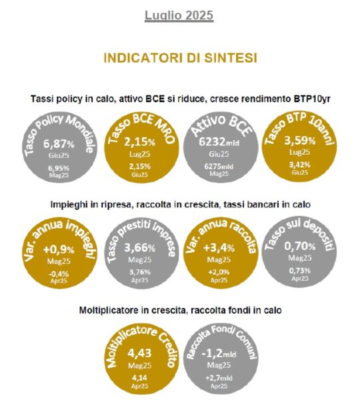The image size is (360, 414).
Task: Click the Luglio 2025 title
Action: (x=179, y=15)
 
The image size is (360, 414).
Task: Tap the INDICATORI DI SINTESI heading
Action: (x=181, y=58)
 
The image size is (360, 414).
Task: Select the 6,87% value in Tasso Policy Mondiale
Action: (x=59, y=144)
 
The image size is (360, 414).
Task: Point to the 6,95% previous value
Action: (x=59, y=168)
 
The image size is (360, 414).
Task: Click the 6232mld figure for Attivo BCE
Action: (x=219, y=142)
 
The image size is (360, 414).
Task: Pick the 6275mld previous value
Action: (x=219, y=167)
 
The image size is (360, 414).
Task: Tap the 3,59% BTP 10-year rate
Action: (x=300, y=141)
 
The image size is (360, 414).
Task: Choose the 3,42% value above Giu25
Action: (x=300, y=165)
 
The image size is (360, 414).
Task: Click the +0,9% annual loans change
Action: (x=59, y=249)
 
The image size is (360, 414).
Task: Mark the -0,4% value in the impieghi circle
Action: (x=59, y=273)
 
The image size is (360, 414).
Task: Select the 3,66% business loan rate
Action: (x=140, y=248)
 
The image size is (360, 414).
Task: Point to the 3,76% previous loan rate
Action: (x=140, y=272)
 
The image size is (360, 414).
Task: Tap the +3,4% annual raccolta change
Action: (x=219, y=248)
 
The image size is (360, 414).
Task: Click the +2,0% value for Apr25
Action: (x=219, y=272)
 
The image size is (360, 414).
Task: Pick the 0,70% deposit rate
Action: (x=300, y=247)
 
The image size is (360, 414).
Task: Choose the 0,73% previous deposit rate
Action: (x=300, y=271)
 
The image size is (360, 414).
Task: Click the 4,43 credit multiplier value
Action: (x=140, y=353)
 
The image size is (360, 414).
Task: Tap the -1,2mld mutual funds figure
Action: (x=219, y=353)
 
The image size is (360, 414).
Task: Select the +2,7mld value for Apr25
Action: (x=219, y=378)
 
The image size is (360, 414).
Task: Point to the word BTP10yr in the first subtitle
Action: (x=311, y=99)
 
